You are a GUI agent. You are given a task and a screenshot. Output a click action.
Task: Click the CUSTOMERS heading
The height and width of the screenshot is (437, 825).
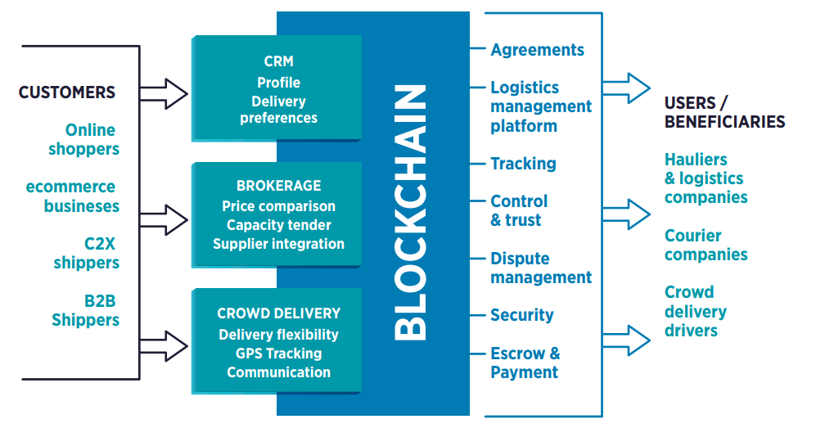click(67, 92)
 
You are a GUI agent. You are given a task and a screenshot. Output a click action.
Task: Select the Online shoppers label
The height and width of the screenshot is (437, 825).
click(84, 140)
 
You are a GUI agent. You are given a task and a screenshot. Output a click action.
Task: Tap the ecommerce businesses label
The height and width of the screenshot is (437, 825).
click(73, 196)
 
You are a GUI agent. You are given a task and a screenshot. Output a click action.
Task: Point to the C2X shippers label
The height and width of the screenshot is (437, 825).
click(87, 253)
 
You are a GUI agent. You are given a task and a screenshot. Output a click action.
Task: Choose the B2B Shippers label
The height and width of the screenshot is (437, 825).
click(86, 310)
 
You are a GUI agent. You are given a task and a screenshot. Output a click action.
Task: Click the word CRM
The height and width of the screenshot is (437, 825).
click(278, 61)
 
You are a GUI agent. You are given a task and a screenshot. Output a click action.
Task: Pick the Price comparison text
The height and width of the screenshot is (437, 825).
click(278, 206)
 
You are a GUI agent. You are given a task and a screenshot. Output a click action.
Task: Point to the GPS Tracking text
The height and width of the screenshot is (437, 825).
click(278, 354)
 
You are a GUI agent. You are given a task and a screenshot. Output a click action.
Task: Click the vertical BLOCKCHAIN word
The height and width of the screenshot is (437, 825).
click(411, 212)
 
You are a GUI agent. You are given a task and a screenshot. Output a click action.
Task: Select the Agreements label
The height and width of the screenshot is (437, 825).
click(537, 50)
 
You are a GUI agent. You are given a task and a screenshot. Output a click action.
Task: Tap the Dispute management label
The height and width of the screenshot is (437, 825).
click(540, 268)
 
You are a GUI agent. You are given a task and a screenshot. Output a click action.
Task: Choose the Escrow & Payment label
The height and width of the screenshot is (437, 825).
click(525, 363)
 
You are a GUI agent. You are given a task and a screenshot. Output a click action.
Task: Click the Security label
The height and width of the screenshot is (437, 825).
click(522, 316)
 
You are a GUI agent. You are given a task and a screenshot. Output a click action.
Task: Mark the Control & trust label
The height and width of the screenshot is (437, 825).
click(519, 210)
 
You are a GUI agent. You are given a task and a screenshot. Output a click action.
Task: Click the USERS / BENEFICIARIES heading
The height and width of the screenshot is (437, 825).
click(724, 113)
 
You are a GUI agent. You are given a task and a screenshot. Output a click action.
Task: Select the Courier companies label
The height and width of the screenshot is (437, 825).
click(706, 246)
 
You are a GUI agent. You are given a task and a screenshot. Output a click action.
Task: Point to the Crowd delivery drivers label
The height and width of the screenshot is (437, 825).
click(695, 312)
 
